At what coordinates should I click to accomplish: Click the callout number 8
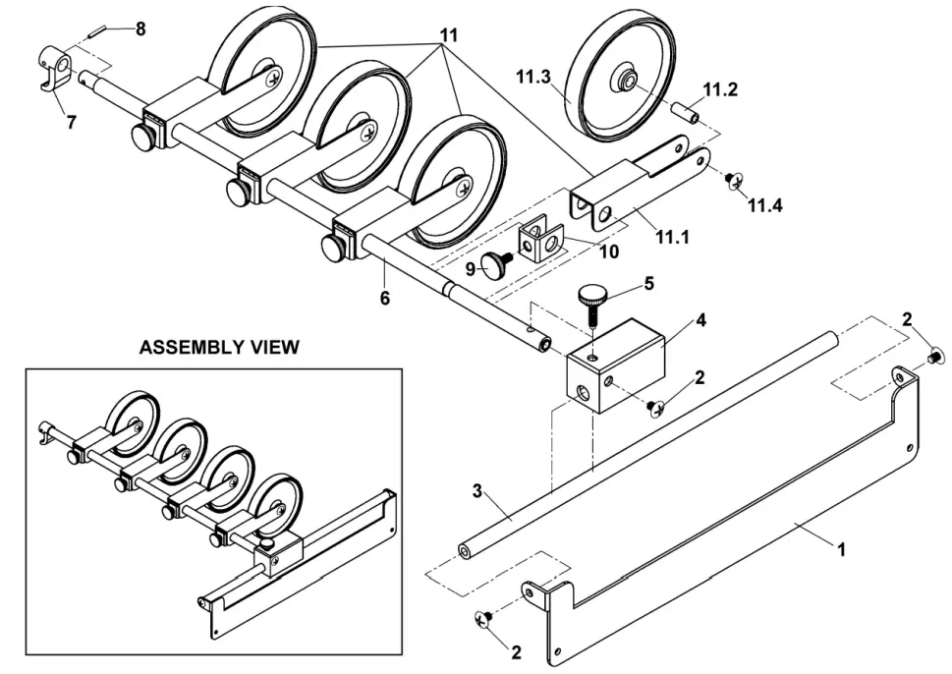point(140,28)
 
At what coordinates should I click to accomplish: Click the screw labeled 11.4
point(733,180)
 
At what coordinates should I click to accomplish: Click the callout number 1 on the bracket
point(841,551)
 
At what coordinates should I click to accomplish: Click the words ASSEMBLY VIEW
point(219,348)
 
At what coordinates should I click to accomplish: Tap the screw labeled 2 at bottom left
point(482,618)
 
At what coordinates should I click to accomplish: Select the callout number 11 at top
point(449,34)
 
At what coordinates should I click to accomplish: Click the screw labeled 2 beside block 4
point(654,404)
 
